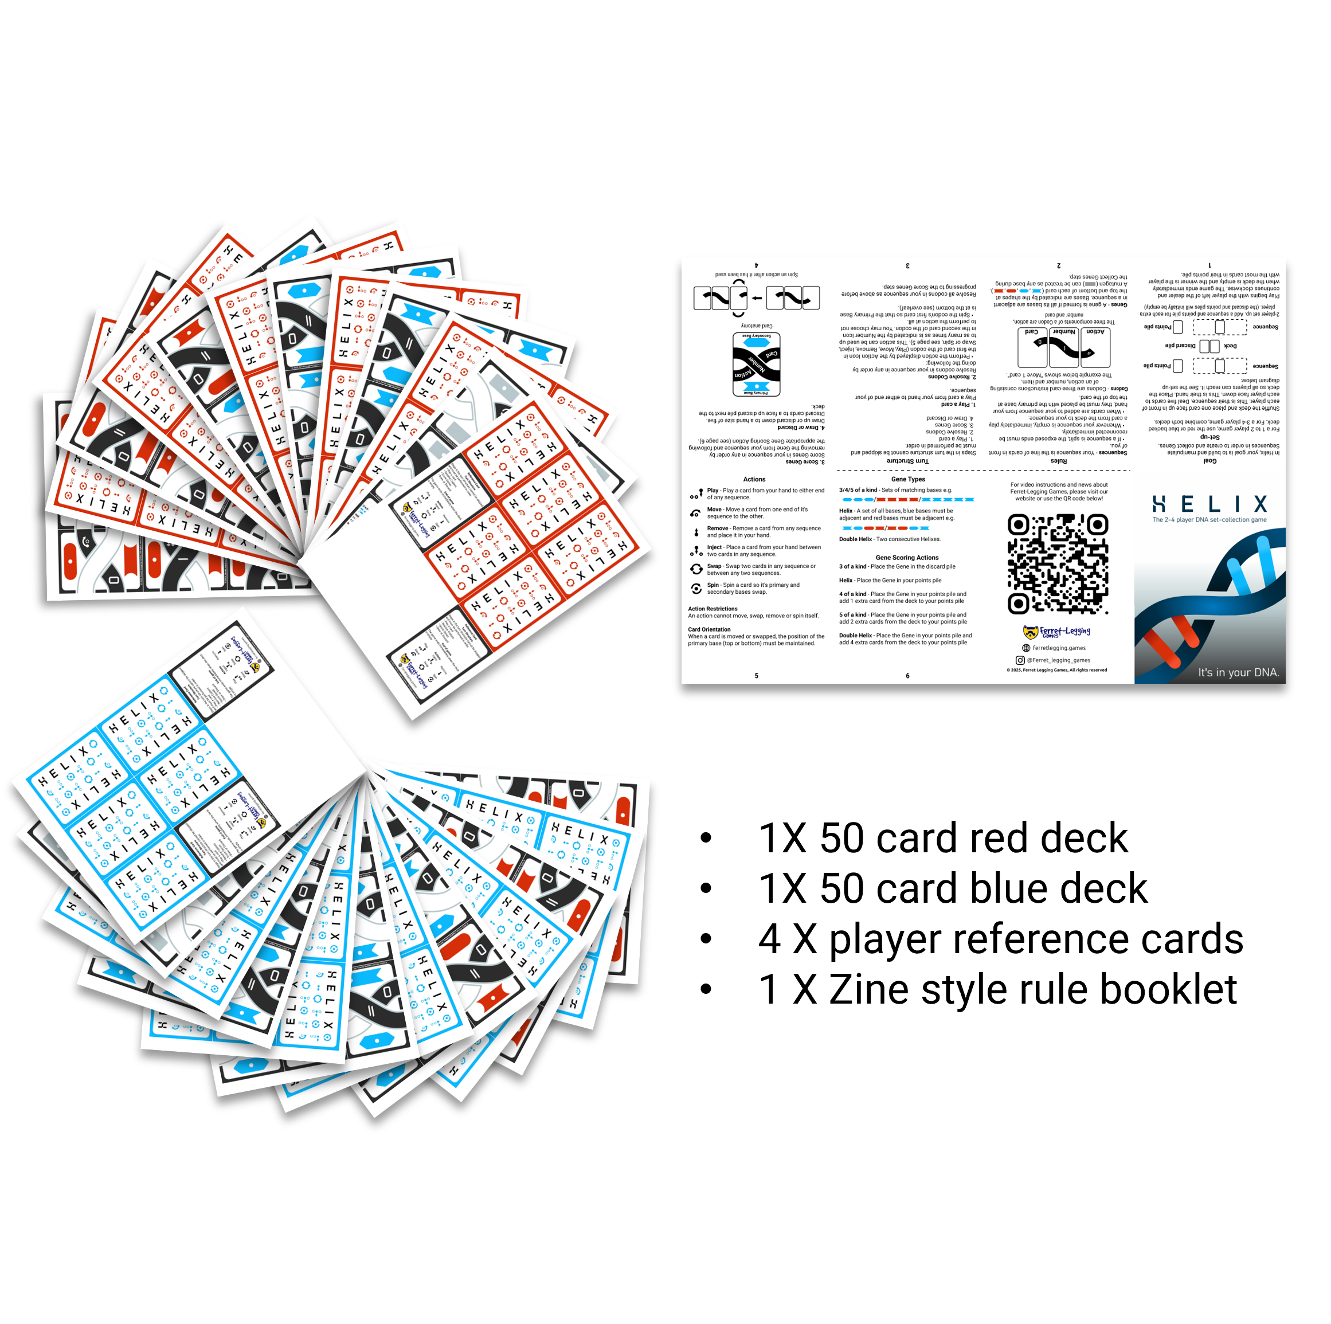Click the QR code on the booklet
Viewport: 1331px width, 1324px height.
[x=1058, y=564]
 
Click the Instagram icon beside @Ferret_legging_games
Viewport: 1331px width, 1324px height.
[x=1020, y=660]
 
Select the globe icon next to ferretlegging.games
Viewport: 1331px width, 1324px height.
[x=1027, y=648]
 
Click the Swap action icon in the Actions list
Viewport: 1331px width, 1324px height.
[x=696, y=569]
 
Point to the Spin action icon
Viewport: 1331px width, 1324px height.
[x=696, y=588]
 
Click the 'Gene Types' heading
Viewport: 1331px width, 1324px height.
[x=907, y=479]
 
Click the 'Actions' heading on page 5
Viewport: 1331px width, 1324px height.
[x=754, y=479]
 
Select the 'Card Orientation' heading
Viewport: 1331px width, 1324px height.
[x=709, y=629]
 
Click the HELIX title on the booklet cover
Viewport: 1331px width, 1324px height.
[x=1209, y=504]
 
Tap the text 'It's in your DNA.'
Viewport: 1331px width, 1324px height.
[x=1238, y=672]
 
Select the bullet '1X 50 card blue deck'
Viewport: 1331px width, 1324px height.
[x=952, y=888]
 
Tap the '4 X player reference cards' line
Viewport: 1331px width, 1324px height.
[x=1000, y=939]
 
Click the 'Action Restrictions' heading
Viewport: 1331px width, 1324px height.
[x=713, y=608]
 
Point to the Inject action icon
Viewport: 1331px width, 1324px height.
[x=696, y=550]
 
